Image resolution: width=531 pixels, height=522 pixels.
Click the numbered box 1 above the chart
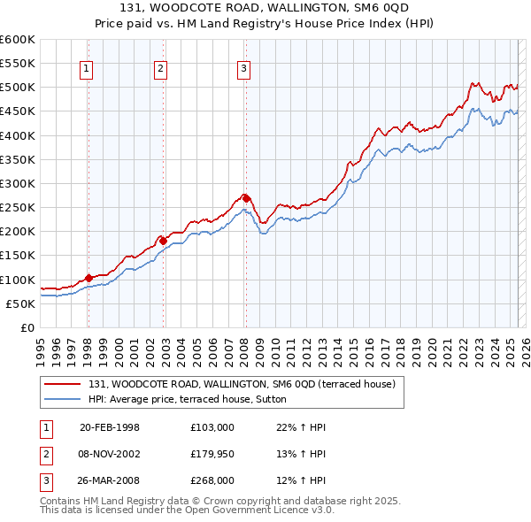click(88, 70)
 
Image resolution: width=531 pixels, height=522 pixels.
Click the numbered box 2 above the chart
click(160, 70)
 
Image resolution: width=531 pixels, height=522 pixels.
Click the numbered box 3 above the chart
click(243, 70)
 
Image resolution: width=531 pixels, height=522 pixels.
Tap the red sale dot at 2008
click(246, 198)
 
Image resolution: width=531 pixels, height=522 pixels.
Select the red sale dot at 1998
click(88, 278)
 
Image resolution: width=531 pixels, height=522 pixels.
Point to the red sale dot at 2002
click(163, 240)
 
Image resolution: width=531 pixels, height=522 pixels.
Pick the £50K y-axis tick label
click(20, 303)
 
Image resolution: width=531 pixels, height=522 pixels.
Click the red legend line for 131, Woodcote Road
click(61, 383)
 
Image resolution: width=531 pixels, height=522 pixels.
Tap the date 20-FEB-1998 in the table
click(110, 427)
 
